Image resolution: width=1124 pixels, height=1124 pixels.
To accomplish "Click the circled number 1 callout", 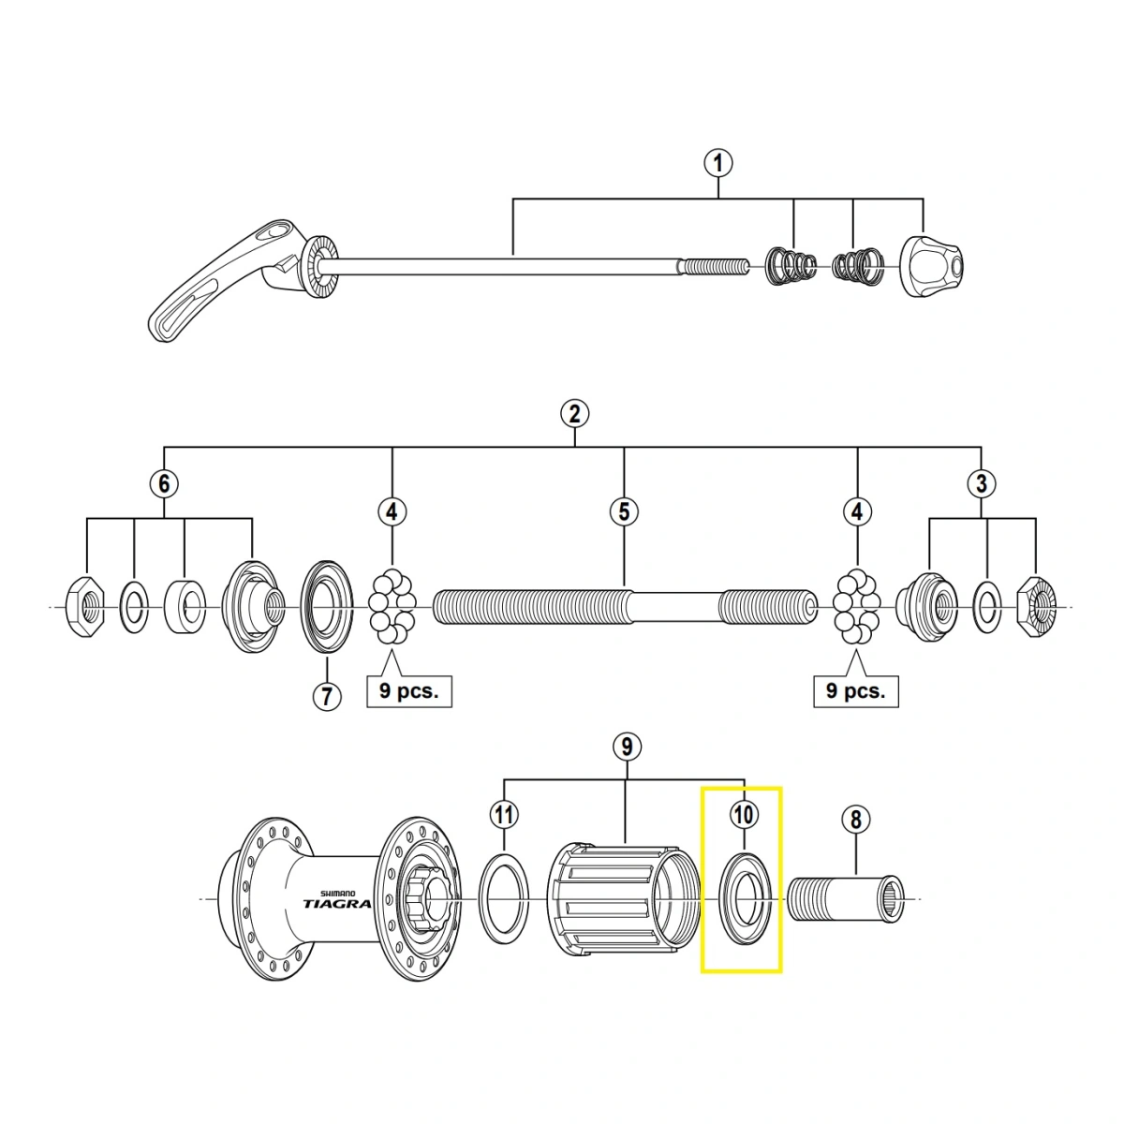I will pyautogui.click(x=718, y=164).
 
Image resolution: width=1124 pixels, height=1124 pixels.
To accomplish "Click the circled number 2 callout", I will pyautogui.click(x=573, y=413).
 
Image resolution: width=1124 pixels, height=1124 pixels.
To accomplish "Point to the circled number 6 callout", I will pyautogui.click(x=164, y=484).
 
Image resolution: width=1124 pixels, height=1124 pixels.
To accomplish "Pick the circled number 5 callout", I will pyautogui.click(x=624, y=511).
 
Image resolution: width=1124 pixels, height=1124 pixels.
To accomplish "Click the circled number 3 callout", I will pyautogui.click(x=981, y=484).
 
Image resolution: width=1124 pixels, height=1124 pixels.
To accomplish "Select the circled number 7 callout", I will pyautogui.click(x=325, y=697).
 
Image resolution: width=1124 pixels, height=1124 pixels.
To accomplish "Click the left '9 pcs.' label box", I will pyautogui.click(x=408, y=691).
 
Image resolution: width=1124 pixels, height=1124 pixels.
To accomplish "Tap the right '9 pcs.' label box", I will pyautogui.click(x=855, y=691).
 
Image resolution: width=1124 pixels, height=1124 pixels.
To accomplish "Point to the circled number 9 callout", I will pyautogui.click(x=626, y=747).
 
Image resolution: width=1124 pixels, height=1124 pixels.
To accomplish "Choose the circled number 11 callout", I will pyautogui.click(x=504, y=815).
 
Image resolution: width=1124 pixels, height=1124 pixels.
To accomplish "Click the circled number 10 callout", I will pyautogui.click(x=743, y=815).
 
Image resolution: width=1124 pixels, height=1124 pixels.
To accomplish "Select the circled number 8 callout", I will pyautogui.click(x=854, y=821).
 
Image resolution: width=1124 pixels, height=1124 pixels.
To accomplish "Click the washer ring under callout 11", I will pyautogui.click(x=504, y=899).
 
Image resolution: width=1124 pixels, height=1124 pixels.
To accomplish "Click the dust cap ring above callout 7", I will pyautogui.click(x=326, y=609).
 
